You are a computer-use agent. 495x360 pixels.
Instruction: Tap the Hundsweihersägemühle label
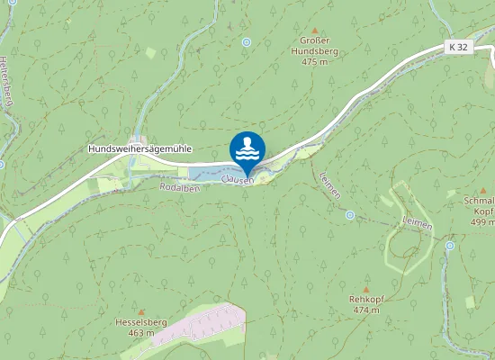pos(139,148)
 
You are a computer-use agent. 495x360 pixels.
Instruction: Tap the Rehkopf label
pos(365,298)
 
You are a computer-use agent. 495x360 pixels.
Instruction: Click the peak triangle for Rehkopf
pos(365,288)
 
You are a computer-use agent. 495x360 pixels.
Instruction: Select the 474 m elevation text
pos(365,310)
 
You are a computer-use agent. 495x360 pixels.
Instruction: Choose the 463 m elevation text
pos(140,333)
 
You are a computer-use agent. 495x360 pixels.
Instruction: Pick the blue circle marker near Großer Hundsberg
pos(246,41)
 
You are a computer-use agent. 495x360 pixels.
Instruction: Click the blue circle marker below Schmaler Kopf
pos(451,245)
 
